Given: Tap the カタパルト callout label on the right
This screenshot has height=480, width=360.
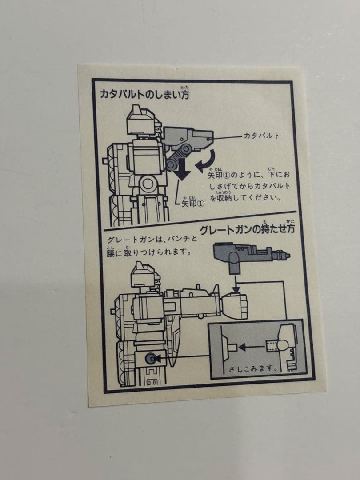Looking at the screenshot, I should coord(261,136).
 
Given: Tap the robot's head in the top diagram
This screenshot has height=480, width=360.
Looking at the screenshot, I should coord(140,119).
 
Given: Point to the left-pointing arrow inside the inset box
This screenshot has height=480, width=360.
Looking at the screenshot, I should coord(251,344).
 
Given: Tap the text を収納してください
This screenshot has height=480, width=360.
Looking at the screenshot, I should coord(244,197).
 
